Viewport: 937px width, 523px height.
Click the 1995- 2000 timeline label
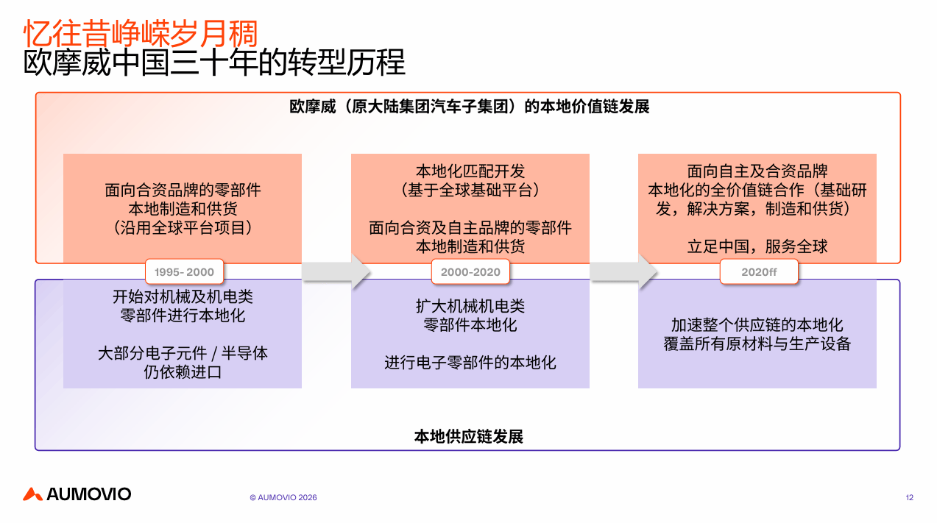[x=184, y=271]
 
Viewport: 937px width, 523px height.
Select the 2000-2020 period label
[x=470, y=271]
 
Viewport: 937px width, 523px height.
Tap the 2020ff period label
[x=759, y=271]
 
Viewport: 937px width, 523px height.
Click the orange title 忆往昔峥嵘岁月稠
[x=141, y=33]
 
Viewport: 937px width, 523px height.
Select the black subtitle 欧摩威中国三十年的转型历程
[x=214, y=63]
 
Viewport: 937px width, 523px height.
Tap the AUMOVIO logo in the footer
[x=77, y=494]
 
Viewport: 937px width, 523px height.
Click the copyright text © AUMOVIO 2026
[x=283, y=497]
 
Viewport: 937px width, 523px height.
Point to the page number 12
[x=909, y=497]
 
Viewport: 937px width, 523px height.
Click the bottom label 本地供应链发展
[x=469, y=436]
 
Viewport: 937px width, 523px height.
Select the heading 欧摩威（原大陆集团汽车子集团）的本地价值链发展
[x=469, y=107]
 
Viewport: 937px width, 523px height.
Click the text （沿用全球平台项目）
[x=183, y=227]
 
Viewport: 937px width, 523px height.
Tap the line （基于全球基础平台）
[x=470, y=190]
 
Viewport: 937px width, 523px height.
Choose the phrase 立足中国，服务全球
[x=757, y=246]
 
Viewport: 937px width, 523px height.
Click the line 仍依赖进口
[x=183, y=371]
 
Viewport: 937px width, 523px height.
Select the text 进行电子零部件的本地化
[x=470, y=362]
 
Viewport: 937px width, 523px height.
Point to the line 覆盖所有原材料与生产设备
[x=757, y=344]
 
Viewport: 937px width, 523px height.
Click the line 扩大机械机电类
[x=470, y=306]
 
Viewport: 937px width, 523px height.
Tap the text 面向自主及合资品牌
[x=757, y=171]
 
